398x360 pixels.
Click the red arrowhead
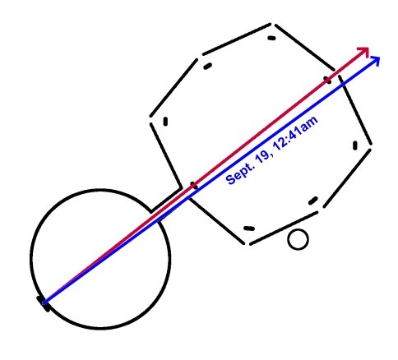[364, 51]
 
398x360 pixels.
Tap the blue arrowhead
[375, 60]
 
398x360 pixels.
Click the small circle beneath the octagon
[298, 239]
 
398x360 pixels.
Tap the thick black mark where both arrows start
[44, 303]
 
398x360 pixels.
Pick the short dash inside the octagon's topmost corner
[271, 38]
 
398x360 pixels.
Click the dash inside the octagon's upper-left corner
[207, 67]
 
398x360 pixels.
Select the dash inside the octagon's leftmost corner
[165, 122]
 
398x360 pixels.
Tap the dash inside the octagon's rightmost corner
[355, 145]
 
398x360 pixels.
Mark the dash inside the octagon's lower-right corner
[313, 201]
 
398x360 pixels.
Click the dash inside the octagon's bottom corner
[249, 228]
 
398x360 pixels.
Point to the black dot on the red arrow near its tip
[328, 80]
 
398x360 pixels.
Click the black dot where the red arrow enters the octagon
[194, 186]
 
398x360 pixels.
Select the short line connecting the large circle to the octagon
[166, 200]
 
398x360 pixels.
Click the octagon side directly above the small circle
[284, 228]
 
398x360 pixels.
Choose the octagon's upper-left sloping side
[174, 88]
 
